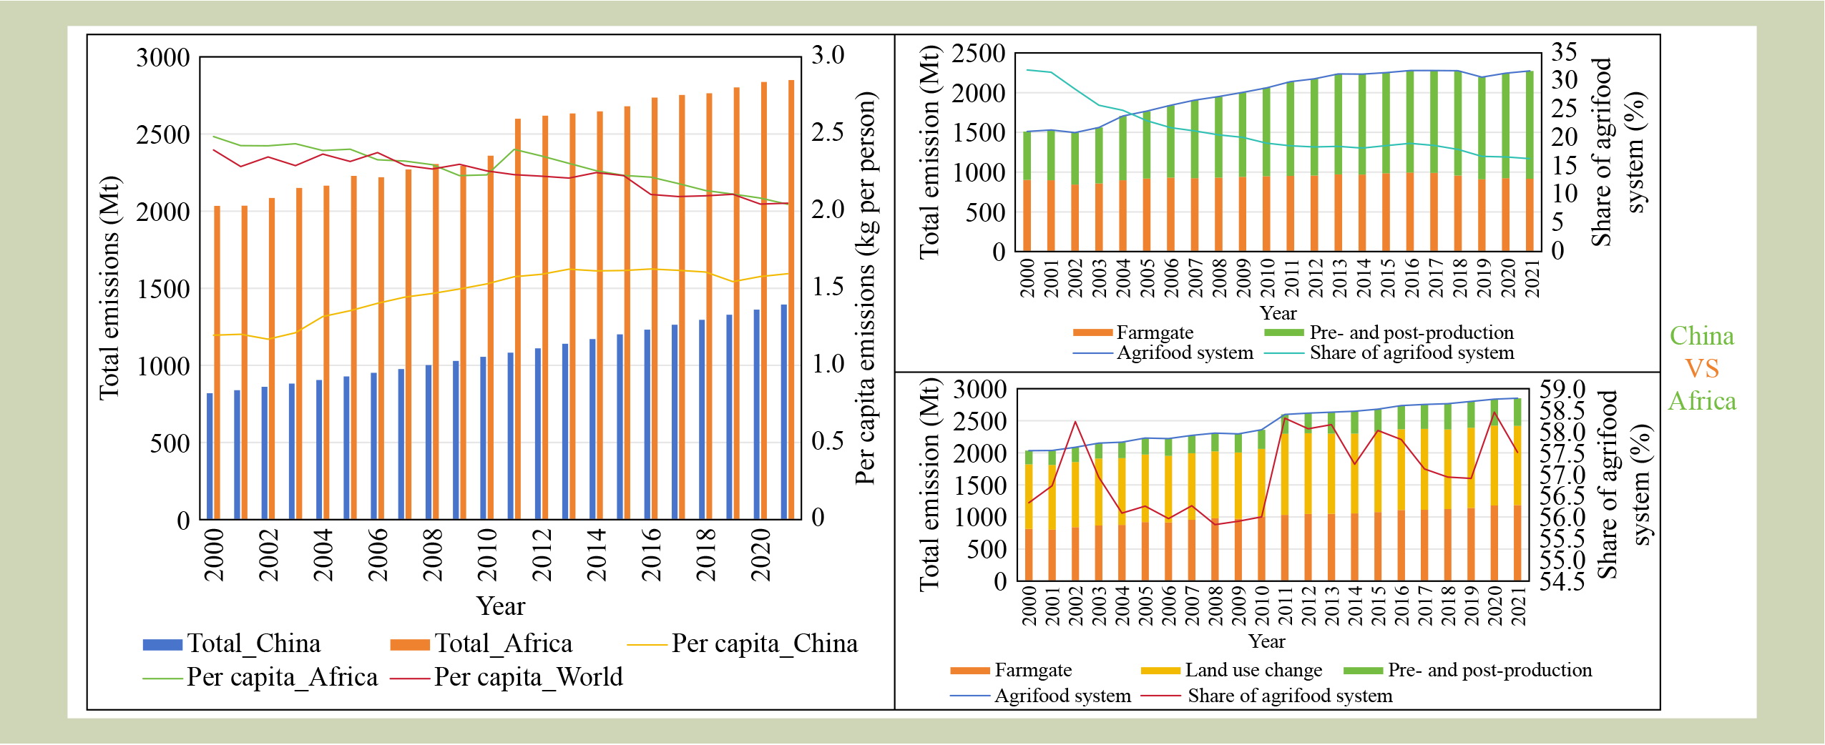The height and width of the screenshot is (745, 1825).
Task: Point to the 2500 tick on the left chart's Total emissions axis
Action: pos(163,134)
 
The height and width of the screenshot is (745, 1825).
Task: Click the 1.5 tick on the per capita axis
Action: pos(828,287)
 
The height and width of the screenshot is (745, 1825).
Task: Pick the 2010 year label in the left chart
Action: pos(486,555)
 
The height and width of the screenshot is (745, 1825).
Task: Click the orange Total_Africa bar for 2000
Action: pos(217,362)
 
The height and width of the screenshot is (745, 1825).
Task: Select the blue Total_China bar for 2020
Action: pos(756,414)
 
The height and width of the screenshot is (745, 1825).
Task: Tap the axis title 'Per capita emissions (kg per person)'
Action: pos(866,288)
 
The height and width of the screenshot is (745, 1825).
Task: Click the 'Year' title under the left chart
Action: pos(501,606)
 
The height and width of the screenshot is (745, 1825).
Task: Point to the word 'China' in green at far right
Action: pos(1701,336)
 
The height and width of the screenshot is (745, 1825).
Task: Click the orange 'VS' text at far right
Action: pos(1701,369)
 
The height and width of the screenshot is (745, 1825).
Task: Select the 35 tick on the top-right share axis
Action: pos(1564,51)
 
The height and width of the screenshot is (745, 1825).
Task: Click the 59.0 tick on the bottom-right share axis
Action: pos(1562,389)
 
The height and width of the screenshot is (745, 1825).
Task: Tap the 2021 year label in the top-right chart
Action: pos(1532,277)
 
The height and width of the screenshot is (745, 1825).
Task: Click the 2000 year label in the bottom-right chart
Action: pos(1029,606)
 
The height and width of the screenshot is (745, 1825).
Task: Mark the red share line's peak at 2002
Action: pos(1075,421)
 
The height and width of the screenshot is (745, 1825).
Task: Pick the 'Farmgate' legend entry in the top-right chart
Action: pos(1154,332)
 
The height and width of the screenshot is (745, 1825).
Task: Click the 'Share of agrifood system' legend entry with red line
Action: pos(1289,696)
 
